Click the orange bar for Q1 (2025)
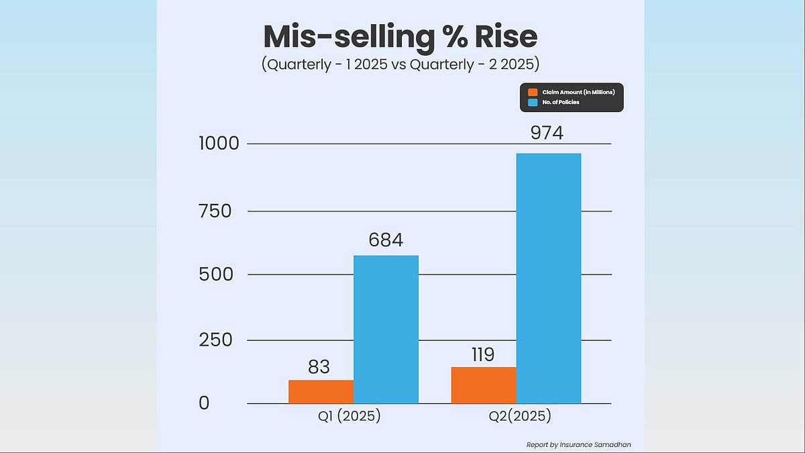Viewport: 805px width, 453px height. tap(321, 392)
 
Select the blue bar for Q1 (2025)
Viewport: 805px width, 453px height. tap(386, 330)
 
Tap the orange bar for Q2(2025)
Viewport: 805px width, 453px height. tap(483, 385)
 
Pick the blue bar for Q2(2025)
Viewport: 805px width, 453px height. tap(548, 279)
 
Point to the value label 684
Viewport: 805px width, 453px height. tap(386, 240)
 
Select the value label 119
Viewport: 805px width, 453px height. tap(483, 354)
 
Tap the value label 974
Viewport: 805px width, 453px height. tap(547, 133)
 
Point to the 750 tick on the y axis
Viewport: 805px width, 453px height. tap(215, 211)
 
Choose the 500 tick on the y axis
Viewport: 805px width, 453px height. tap(215, 274)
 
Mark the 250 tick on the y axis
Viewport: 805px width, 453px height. tap(215, 340)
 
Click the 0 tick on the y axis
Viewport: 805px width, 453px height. tap(204, 403)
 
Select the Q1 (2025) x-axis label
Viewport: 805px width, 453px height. tap(349, 416)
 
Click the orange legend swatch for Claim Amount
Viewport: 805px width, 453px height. tap(533, 92)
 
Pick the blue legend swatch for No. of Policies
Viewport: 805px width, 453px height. tap(533, 102)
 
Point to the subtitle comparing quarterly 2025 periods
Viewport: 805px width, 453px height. tap(400, 65)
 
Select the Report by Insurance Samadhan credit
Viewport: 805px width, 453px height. tap(578, 444)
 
